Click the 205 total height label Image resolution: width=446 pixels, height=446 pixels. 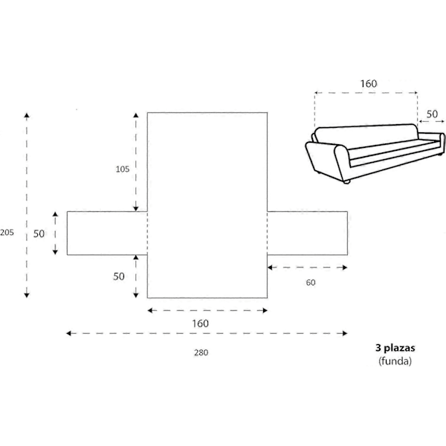[7, 233]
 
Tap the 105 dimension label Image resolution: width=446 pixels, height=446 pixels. [123, 169]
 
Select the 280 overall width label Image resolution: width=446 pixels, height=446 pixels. [201, 352]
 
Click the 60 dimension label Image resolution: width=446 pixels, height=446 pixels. [311, 282]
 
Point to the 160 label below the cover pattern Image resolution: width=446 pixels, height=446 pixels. [201, 323]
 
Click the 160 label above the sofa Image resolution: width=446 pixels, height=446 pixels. [369, 83]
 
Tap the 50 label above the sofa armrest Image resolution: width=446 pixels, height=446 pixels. [432, 114]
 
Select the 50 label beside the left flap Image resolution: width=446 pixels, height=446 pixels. [39, 234]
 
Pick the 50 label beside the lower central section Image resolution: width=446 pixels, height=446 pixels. [119, 277]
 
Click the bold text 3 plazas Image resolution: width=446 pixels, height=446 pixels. [395, 348]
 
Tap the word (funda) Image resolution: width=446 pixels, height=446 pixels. [395, 361]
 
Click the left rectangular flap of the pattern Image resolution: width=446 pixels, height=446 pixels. [107, 233]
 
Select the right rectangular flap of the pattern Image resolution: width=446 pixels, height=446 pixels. [308, 233]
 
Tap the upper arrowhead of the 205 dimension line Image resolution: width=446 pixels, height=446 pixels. [27, 115]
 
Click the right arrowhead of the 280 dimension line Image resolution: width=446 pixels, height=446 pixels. [345, 333]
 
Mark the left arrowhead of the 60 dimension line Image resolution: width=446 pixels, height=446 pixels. [271, 268]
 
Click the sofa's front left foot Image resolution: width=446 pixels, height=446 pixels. [346, 182]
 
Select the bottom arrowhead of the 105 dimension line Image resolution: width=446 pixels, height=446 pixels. [136, 208]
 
